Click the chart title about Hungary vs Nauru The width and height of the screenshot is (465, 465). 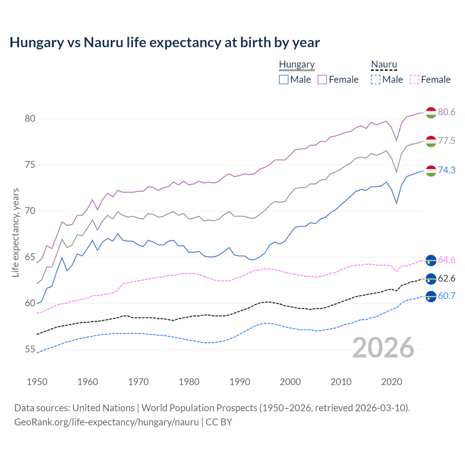point(165,43)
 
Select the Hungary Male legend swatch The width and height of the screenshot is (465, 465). point(284,80)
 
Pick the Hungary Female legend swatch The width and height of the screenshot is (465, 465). point(322,80)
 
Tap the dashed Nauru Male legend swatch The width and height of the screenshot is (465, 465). point(376,80)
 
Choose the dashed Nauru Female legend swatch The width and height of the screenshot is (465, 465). point(415,80)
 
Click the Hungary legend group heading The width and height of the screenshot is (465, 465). point(297,64)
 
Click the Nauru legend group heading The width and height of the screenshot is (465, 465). point(384,64)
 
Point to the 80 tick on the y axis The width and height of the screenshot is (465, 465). point(30,119)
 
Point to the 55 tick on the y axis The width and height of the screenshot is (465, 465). point(30,349)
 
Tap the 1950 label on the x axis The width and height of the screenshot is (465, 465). point(37,382)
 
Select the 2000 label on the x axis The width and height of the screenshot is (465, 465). point(290,382)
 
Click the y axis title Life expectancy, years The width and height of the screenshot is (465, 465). point(16,232)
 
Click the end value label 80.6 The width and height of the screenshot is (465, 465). point(446,112)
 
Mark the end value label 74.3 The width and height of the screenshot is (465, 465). point(446,170)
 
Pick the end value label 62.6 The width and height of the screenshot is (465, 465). point(446,279)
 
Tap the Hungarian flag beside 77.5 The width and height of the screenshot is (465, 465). point(431,141)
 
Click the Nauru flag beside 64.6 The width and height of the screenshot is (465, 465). point(431,260)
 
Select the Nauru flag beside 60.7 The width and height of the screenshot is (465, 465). point(431,296)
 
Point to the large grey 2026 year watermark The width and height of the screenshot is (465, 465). point(383,348)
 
